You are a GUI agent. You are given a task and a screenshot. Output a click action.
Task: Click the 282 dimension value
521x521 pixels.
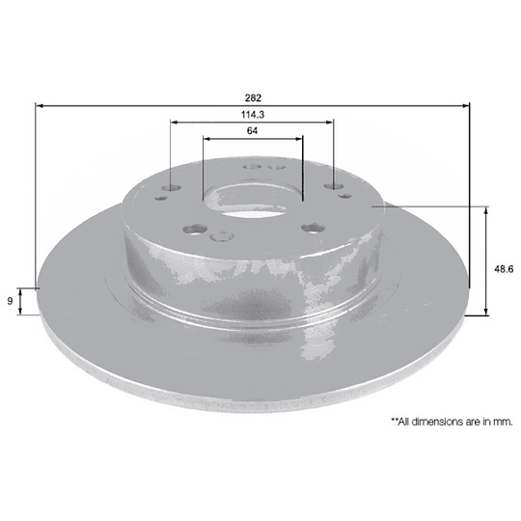pos(253,98)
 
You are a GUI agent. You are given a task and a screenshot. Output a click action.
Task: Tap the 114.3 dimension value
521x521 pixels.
pos(253,115)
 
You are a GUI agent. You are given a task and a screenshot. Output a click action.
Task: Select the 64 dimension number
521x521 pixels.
pos(252,131)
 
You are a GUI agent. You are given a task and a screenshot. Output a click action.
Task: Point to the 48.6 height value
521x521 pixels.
pos(504,269)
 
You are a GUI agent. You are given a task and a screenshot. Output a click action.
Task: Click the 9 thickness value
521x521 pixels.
pos(10,301)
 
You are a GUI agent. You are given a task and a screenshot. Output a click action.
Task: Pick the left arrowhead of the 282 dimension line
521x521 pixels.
pos(40,106)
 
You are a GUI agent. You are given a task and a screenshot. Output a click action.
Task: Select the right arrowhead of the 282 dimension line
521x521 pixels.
pos(465,106)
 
